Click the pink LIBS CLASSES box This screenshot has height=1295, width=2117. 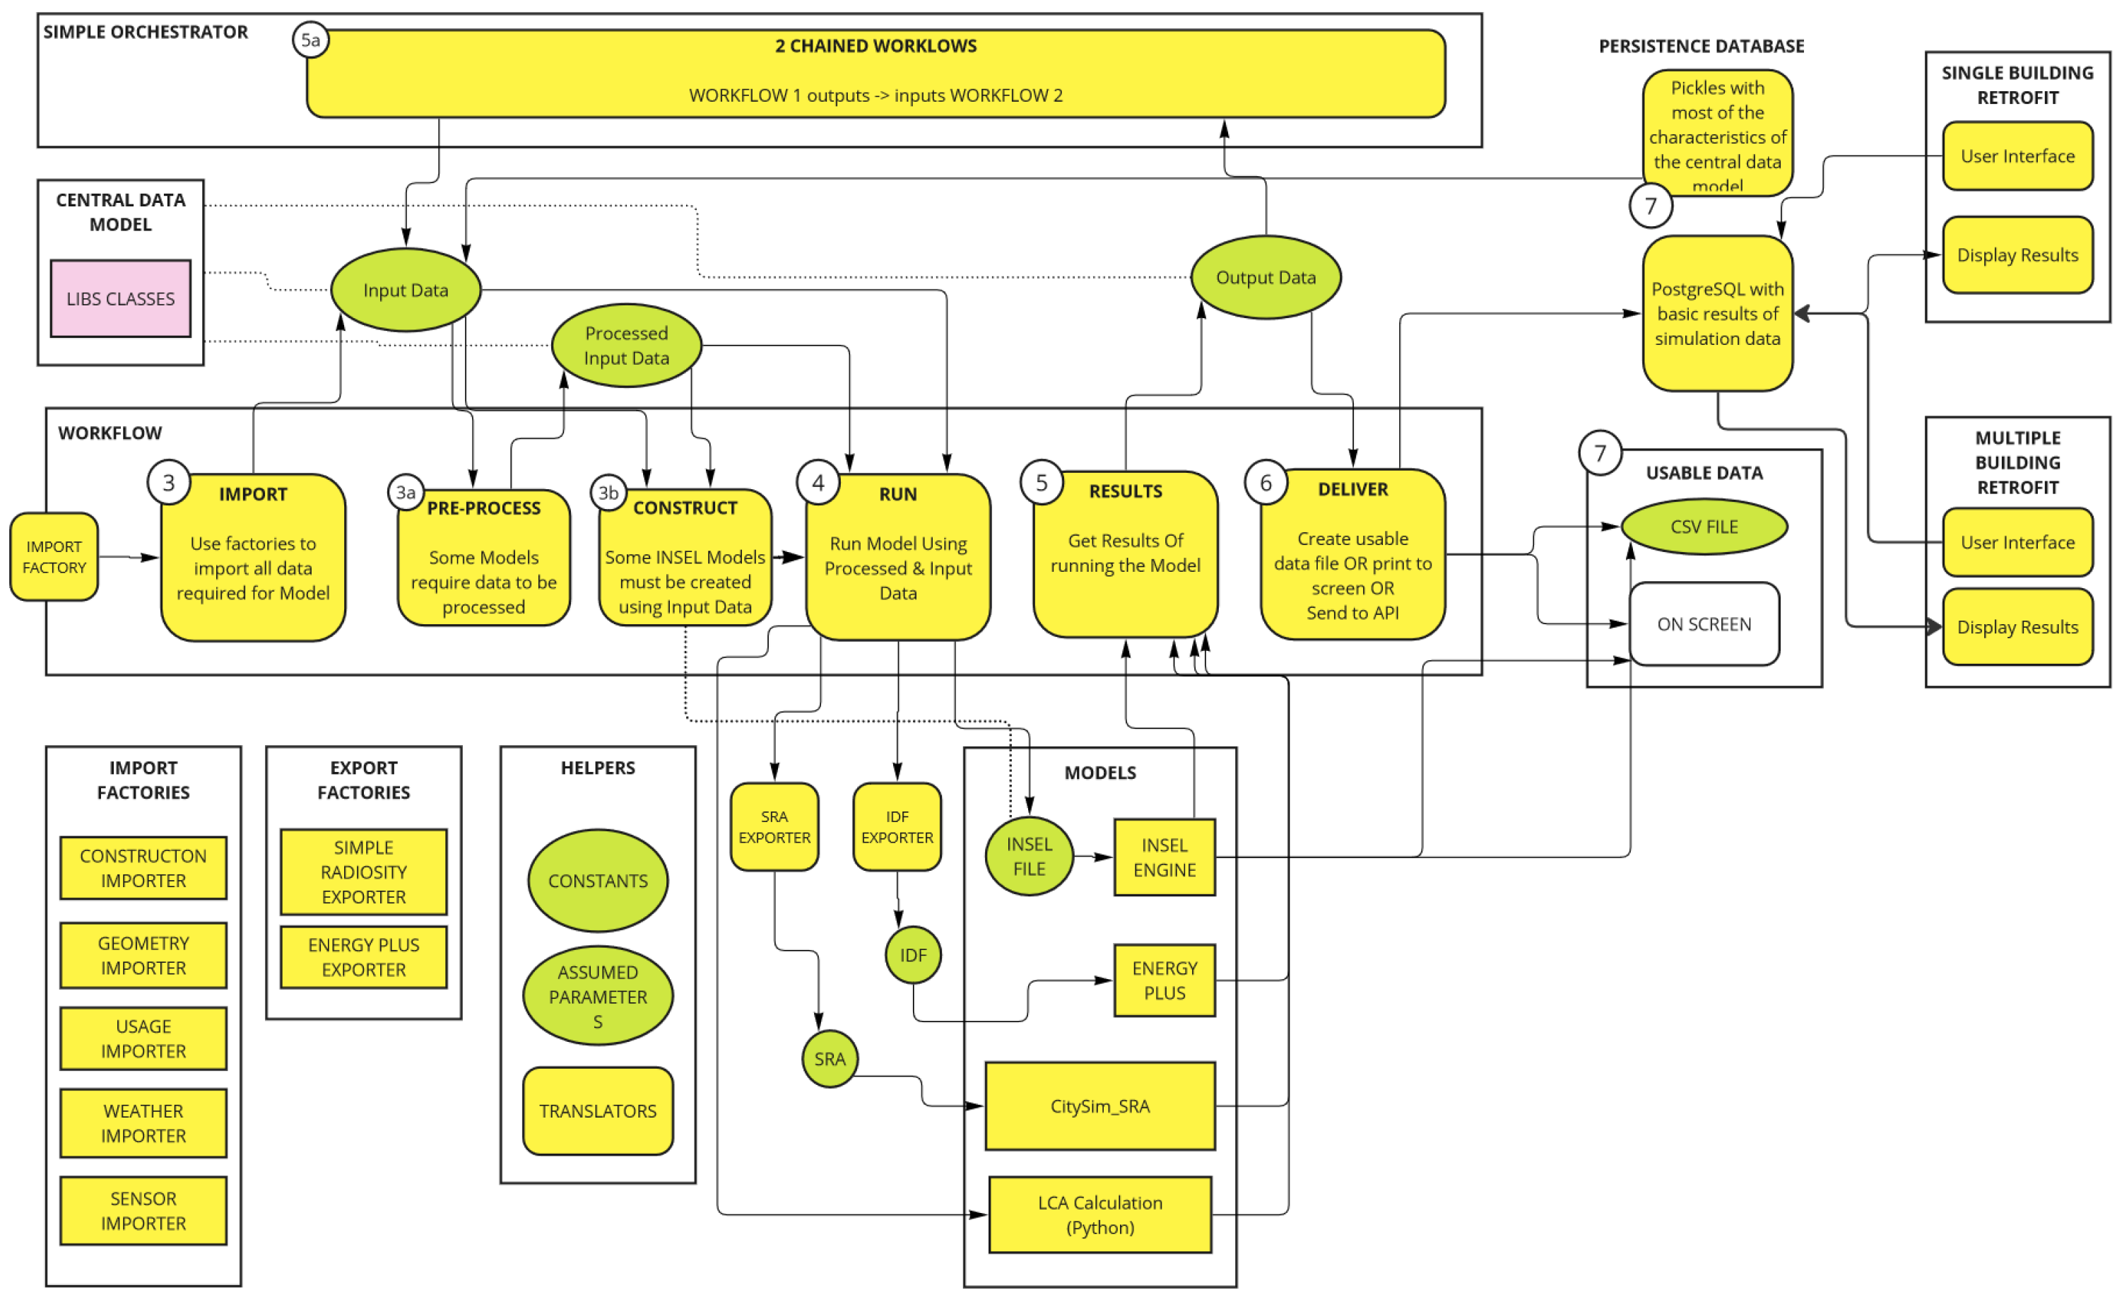pos(120,298)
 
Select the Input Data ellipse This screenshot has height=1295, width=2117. pos(406,290)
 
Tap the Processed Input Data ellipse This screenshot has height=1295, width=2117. pos(626,346)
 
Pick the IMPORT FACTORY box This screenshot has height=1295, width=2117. pos(54,557)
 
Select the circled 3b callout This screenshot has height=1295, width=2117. pos(608,493)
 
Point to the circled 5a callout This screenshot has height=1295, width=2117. pos(311,40)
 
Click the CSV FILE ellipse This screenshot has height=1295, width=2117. pos(1704,527)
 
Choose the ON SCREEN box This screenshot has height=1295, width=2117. pos(1704,624)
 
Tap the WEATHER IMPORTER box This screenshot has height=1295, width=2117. pos(143,1123)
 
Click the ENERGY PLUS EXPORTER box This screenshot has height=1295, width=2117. pos(363,957)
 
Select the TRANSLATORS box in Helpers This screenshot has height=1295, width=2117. pos(598,1111)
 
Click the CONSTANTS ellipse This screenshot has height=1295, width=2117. pos(598,881)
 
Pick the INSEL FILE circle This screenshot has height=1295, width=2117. pos(1030,857)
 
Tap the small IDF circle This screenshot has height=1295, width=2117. pos(914,955)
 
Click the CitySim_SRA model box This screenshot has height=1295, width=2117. pos(1099,1106)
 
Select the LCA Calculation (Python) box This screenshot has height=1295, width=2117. pos(1099,1215)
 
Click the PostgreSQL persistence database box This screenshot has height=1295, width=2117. pos(1718,314)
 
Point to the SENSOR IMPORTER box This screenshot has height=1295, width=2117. pos(143,1211)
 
